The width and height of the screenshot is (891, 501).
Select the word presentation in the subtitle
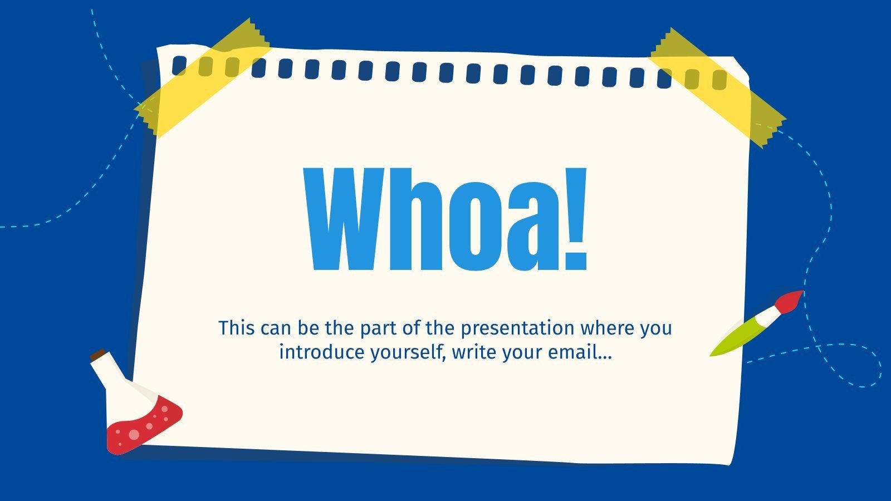pyautogui.click(x=517, y=328)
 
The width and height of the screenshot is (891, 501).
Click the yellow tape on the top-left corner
pyautogui.click(x=203, y=78)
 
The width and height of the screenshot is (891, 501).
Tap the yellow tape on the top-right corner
pyautogui.click(x=718, y=86)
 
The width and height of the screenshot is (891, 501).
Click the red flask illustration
pyautogui.click(x=142, y=423)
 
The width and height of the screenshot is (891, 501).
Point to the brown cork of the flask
pyautogui.click(x=98, y=355)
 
